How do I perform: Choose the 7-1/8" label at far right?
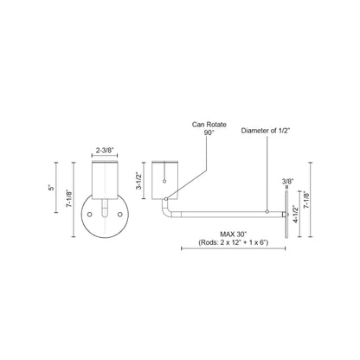(x=320, y=209)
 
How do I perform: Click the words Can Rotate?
(x=209, y=125)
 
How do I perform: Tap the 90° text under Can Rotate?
(x=208, y=133)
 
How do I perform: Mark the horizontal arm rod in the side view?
(x=225, y=212)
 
